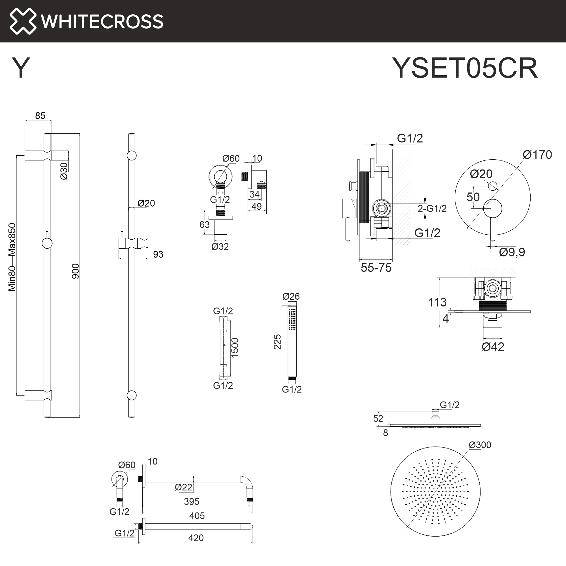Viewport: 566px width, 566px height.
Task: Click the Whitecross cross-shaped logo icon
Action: point(23,21)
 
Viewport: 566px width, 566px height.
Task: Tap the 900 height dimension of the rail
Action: point(76,271)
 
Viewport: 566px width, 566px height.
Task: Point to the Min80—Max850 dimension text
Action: point(12,257)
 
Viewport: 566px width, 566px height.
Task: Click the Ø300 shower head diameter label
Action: point(480,445)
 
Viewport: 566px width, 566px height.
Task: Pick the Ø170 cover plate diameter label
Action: point(537,155)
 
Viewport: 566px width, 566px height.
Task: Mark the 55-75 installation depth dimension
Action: point(376,268)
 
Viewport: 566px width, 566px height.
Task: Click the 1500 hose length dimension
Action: point(235,348)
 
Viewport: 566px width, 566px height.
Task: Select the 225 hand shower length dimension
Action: point(277,342)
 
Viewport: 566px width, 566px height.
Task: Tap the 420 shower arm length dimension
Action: point(196,538)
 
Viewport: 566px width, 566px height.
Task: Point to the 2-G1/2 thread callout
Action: point(432,209)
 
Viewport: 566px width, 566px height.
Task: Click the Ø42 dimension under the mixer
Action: point(493,347)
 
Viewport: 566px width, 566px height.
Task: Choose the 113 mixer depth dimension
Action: point(437,302)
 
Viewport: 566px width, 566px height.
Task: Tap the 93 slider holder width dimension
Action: point(158,254)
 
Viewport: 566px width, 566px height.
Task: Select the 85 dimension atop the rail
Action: point(40,116)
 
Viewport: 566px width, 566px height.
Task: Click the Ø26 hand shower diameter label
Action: point(291,296)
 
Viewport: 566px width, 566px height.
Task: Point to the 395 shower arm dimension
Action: point(192,501)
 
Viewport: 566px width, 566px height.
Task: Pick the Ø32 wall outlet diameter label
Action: point(220,247)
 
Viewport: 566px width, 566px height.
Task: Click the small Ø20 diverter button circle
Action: point(493,186)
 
